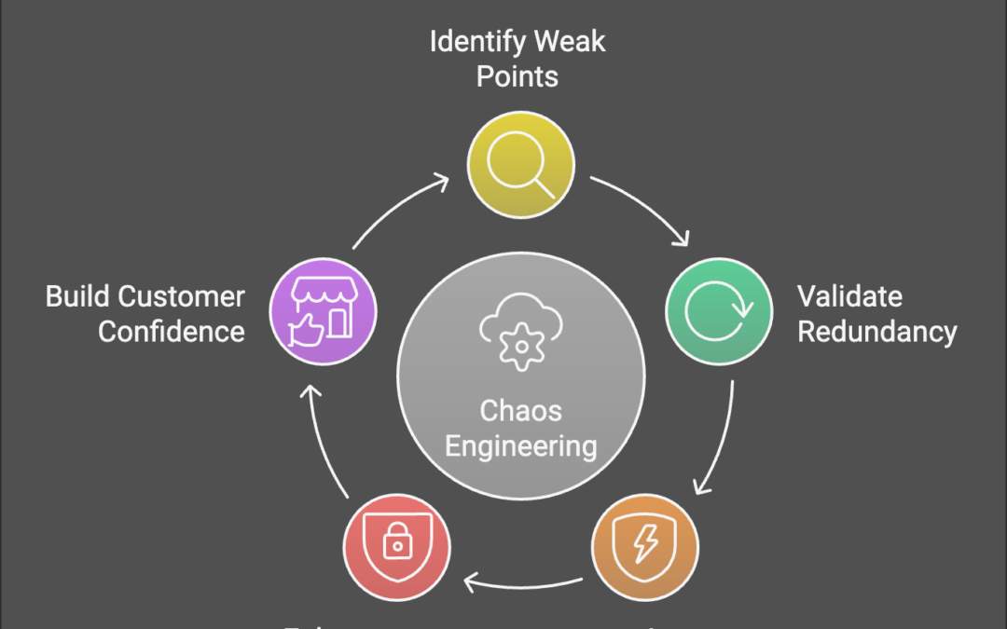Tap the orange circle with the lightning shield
(644, 546)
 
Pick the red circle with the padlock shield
(396, 546)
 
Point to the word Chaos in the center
(520, 410)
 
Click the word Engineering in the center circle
(520, 445)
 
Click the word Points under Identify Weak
(517, 76)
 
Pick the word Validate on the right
(849, 296)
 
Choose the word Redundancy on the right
(876, 332)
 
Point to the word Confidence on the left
(172, 332)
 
